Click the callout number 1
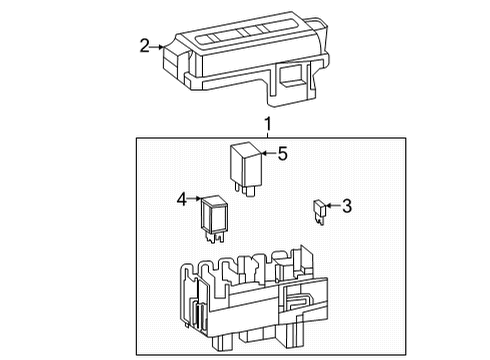268,124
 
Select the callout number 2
144,46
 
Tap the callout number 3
347,206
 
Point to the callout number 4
182,199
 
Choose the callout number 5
282,154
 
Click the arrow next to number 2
157,47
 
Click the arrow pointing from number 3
334,205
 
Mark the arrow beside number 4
194,199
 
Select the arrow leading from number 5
269,153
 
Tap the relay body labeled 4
214,214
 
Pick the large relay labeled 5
246,166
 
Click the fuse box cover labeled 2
246,59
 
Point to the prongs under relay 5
245,190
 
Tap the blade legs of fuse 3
320,220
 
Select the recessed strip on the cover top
246,32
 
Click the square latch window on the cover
291,75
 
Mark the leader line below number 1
267,134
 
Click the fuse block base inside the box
254,298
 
